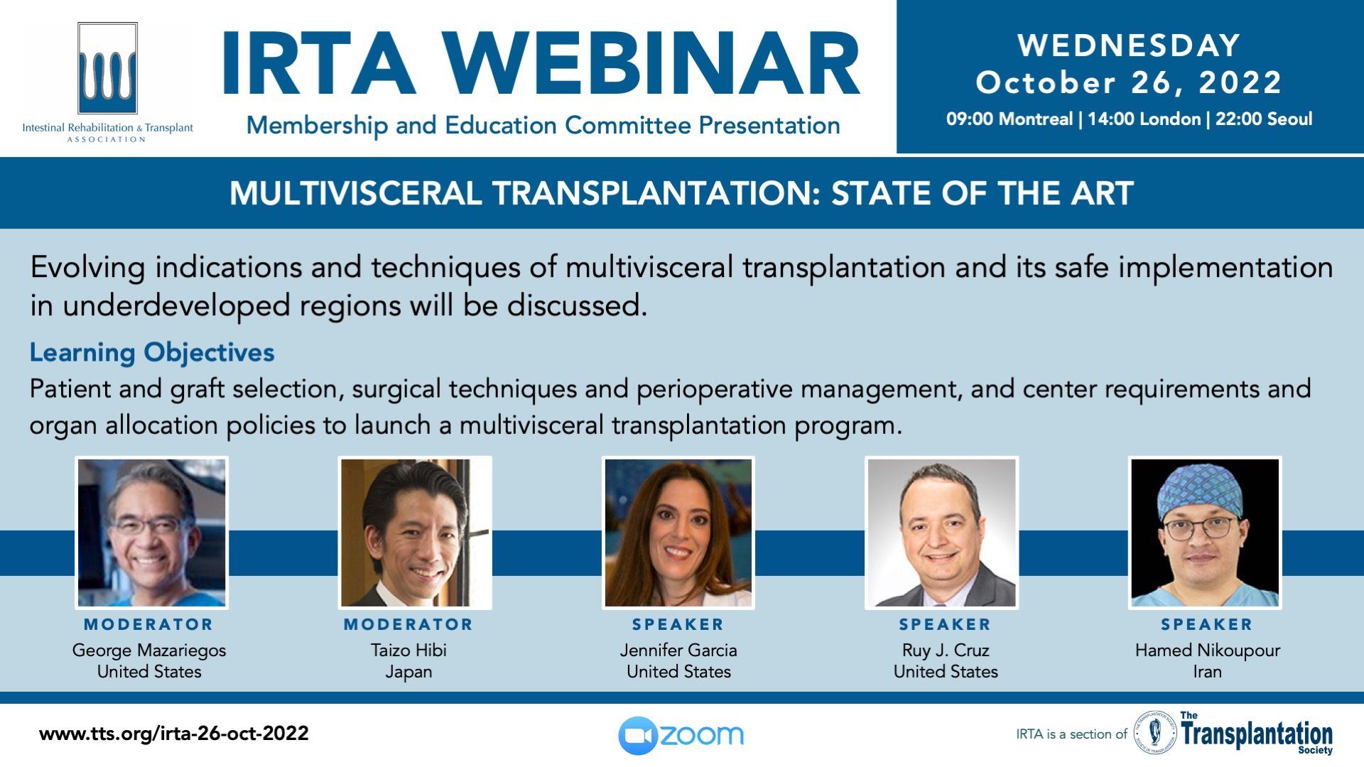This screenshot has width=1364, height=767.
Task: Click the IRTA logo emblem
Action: (107, 68)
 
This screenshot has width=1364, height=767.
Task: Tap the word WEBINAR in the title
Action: (654, 65)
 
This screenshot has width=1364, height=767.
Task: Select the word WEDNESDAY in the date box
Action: (1129, 46)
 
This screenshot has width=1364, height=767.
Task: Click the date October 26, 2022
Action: (1129, 83)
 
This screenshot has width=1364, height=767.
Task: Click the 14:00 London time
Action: (1144, 119)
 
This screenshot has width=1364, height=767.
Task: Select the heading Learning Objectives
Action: (152, 353)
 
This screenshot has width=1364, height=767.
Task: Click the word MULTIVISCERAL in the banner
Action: (356, 194)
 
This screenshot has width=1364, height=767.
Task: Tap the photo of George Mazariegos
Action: (151, 533)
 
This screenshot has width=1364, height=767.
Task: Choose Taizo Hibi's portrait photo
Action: (415, 533)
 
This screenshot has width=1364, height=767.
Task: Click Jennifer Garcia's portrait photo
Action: (678, 533)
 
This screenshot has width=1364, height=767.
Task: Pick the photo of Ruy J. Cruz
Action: (942, 533)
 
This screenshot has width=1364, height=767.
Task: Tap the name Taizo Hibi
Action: (408, 651)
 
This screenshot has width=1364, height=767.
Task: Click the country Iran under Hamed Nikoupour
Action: (1207, 672)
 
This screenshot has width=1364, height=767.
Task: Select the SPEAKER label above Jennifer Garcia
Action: (678, 625)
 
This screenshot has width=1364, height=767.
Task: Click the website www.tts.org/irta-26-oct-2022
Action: (174, 734)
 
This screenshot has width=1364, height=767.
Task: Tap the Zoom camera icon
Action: (637, 736)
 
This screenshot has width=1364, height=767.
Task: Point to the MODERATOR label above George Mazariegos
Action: (148, 625)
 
